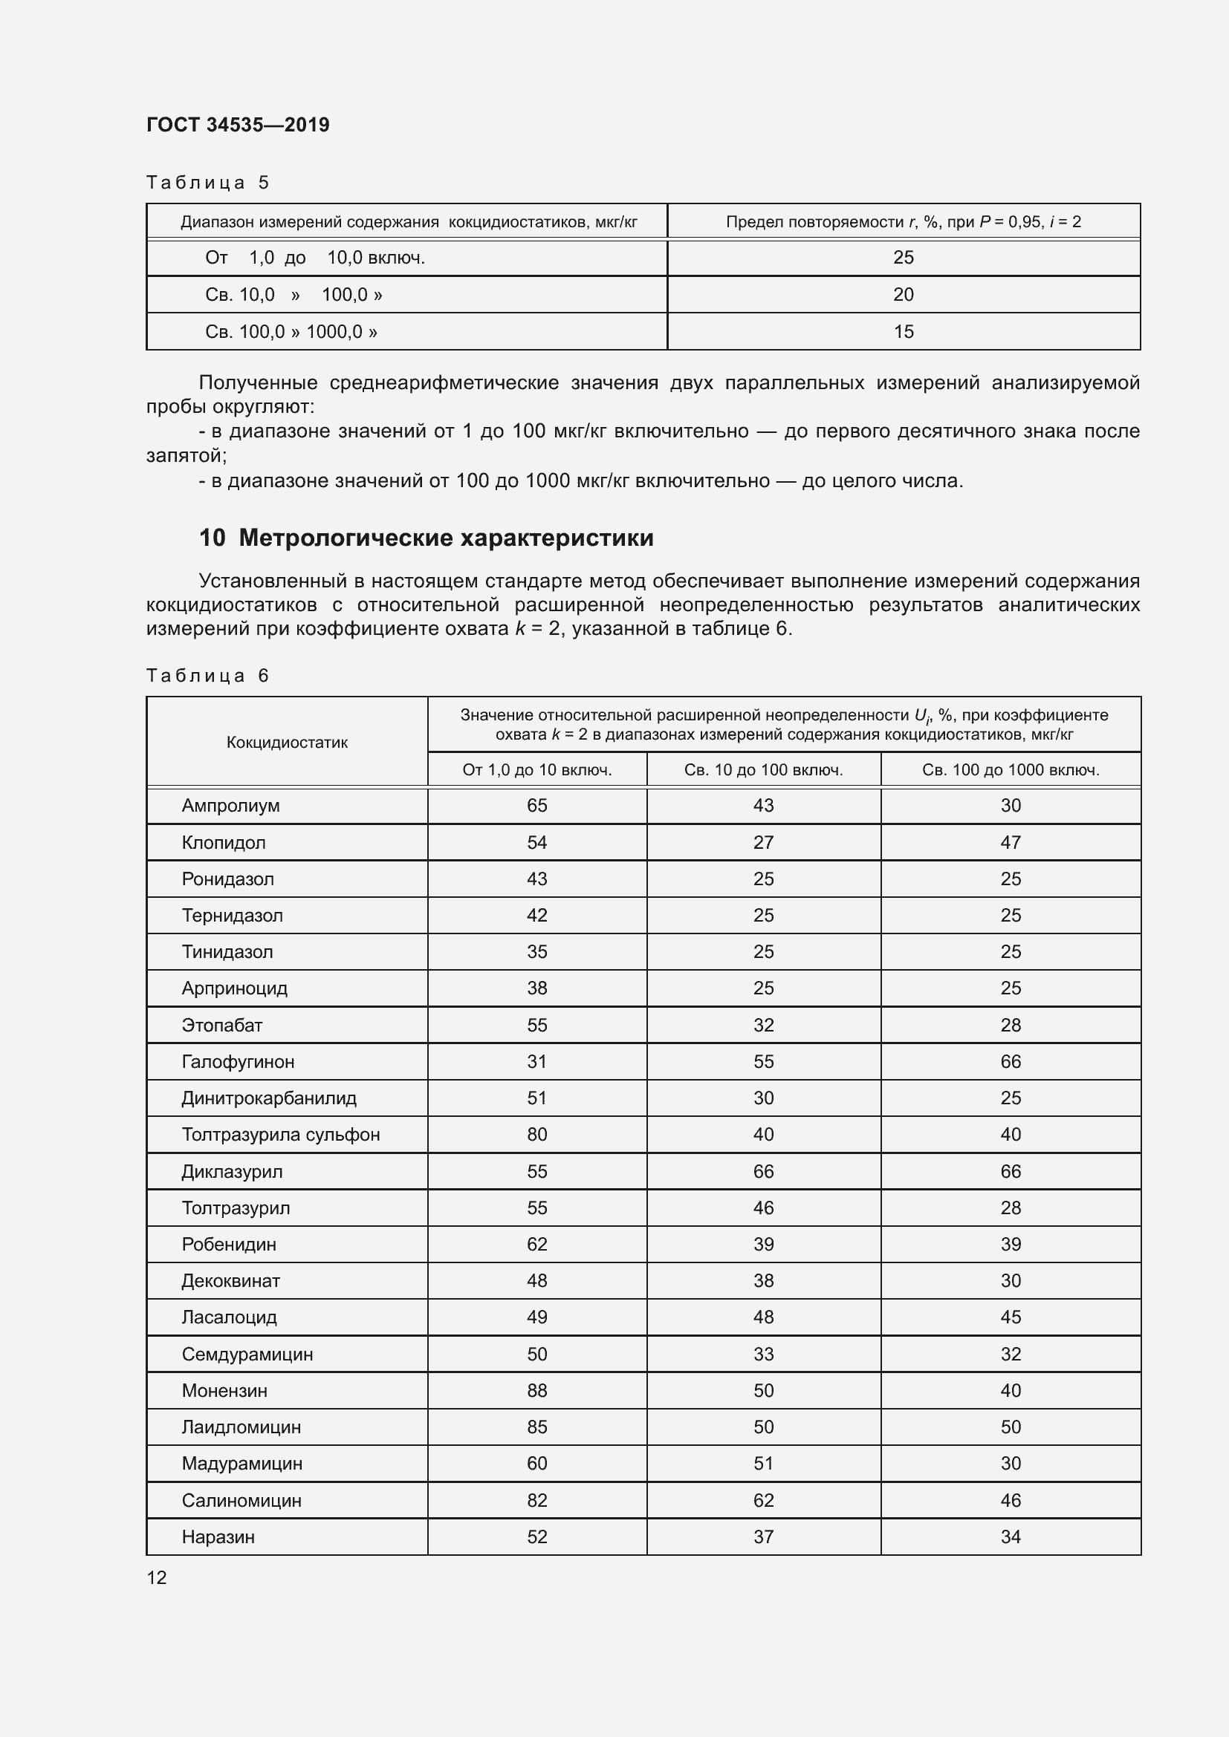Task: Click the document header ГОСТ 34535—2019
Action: pos(238,125)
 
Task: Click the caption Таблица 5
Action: pos(207,183)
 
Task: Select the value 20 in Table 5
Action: pos(903,294)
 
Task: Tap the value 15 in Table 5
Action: pos(903,331)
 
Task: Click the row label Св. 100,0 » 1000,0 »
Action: pos(291,331)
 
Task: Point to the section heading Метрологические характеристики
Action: pos(446,538)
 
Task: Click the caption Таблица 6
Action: pos(207,676)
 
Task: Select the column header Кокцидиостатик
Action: pos(287,742)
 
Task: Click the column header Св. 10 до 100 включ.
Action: pos(763,770)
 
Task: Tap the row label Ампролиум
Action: pos(230,806)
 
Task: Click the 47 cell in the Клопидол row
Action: pos(1011,842)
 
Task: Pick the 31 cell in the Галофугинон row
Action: pos(536,1061)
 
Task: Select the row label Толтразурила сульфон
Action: pos(281,1135)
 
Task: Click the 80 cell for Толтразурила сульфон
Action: pos(536,1135)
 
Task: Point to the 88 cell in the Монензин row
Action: pos(536,1390)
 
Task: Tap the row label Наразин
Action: pos(218,1536)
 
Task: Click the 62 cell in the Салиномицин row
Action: pos(763,1500)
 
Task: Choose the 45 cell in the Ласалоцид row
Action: pos(1011,1317)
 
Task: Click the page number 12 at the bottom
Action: pos(157,1577)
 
